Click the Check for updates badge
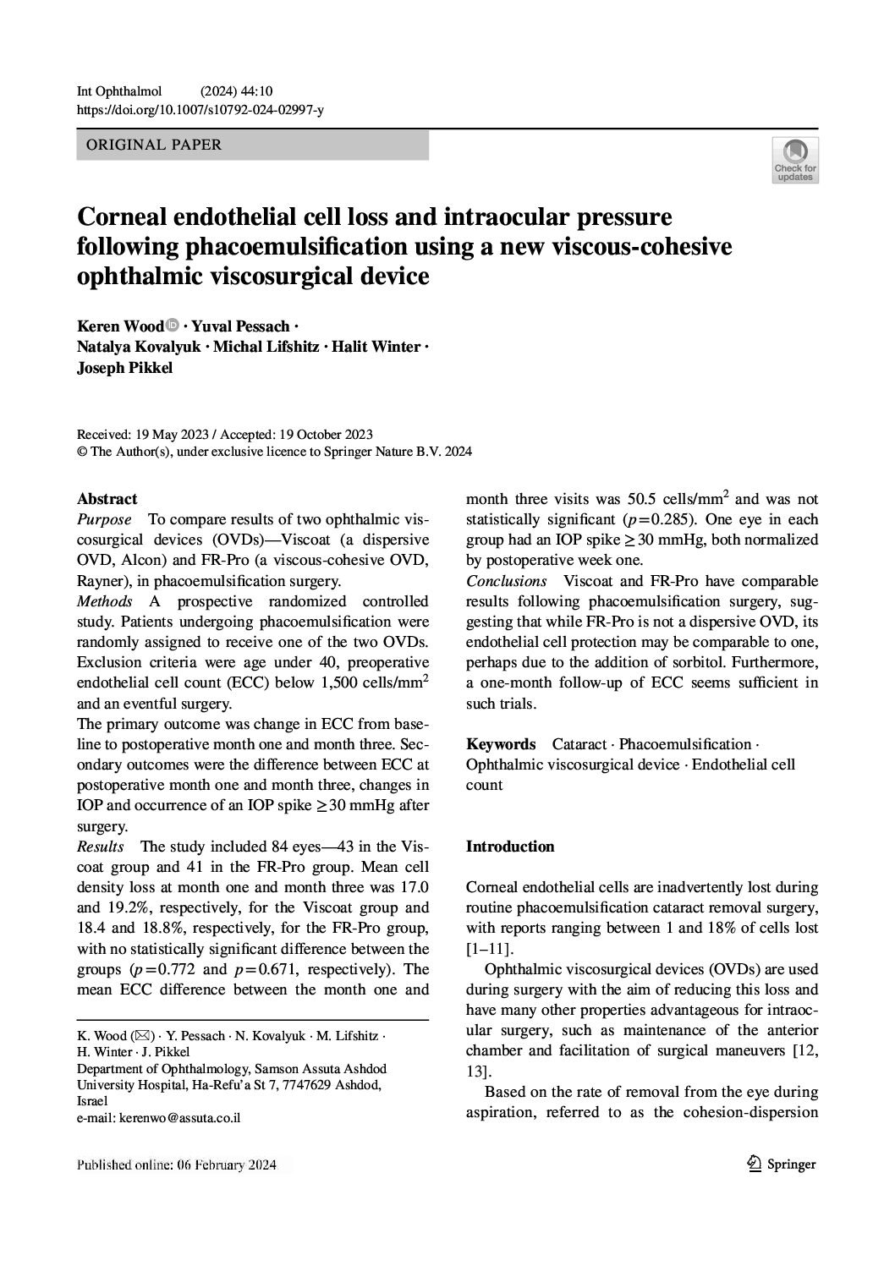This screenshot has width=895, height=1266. (794, 160)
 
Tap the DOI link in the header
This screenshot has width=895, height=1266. (200, 109)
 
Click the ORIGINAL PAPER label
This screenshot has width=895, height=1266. (150, 145)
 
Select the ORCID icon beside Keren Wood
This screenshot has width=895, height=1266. (173, 325)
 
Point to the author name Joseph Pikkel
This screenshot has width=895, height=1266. (124, 368)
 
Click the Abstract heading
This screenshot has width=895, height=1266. (107, 499)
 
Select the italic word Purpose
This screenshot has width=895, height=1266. (104, 519)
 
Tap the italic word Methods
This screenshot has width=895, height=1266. (104, 601)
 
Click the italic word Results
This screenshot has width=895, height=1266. (100, 847)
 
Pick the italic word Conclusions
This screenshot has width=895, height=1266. (506, 581)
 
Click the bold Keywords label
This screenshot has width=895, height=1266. (501, 744)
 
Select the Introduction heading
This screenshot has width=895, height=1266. (510, 847)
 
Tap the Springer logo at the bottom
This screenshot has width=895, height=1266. (782, 1165)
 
